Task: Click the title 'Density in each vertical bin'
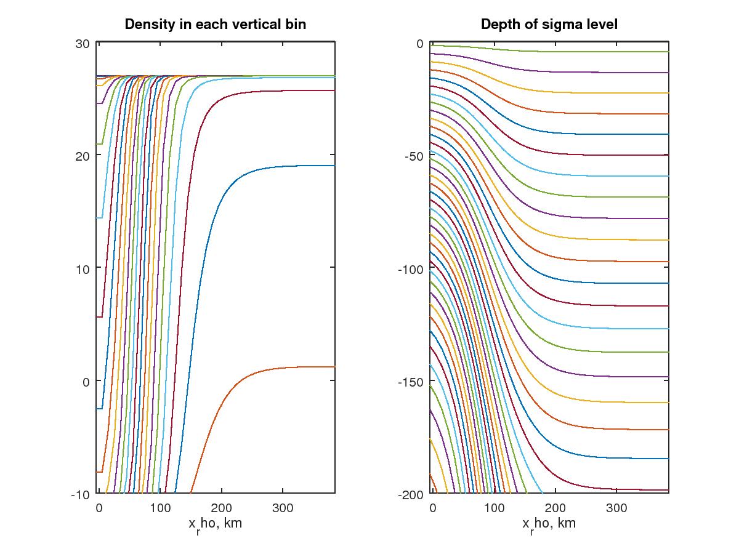coord(216,25)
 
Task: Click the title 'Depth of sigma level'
coord(549,25)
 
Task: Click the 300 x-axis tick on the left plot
coord(283,508)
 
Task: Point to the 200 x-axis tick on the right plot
coord(555,508)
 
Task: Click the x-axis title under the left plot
coord(216,524)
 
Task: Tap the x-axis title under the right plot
coord(549,524)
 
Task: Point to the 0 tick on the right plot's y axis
coord(419,43)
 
